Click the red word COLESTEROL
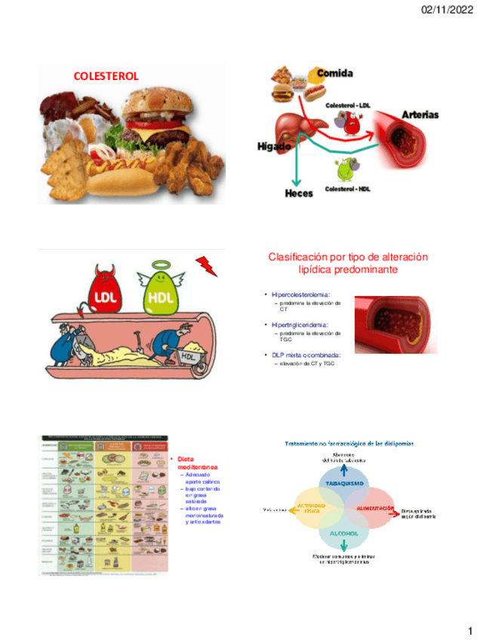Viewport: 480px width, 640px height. pos(106,76)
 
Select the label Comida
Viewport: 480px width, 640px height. pos(334,73)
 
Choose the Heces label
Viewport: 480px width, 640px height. pos(299,193)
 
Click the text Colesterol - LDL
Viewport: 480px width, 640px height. pos(348,105)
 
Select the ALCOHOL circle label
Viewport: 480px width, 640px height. pos(343,534)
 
